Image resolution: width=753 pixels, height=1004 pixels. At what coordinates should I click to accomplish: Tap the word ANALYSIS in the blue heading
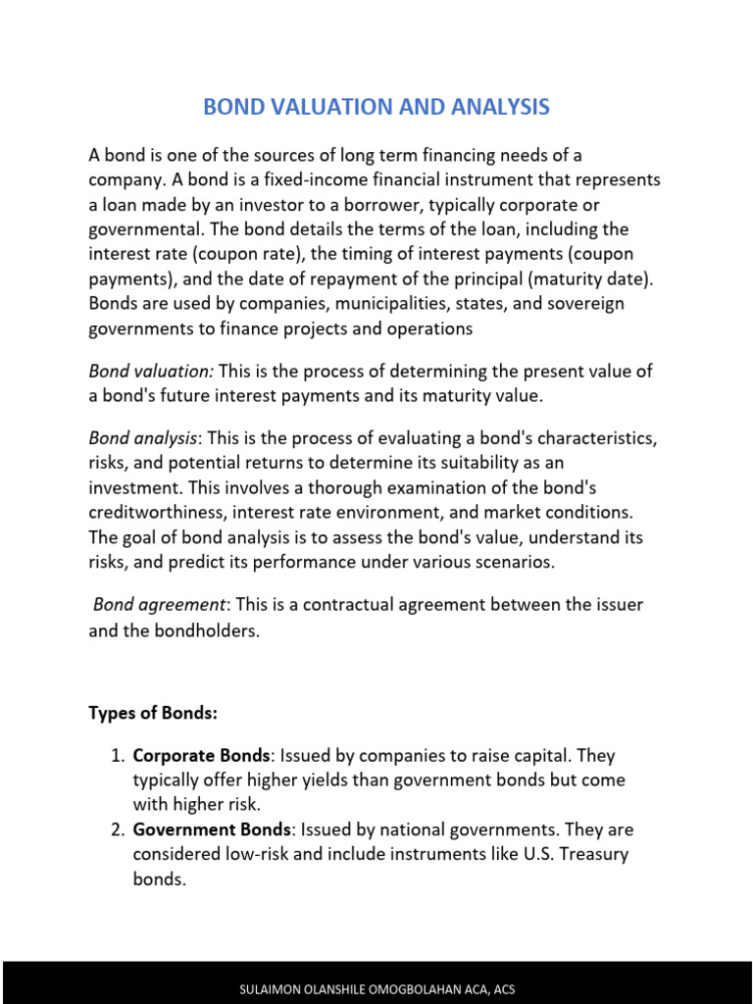(497, 107)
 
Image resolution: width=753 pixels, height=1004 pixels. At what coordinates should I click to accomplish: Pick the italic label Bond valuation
(151, 372)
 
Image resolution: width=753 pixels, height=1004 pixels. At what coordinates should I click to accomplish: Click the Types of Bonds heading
(152, 713)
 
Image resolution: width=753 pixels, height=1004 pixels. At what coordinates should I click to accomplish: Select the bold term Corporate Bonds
(201, 756)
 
